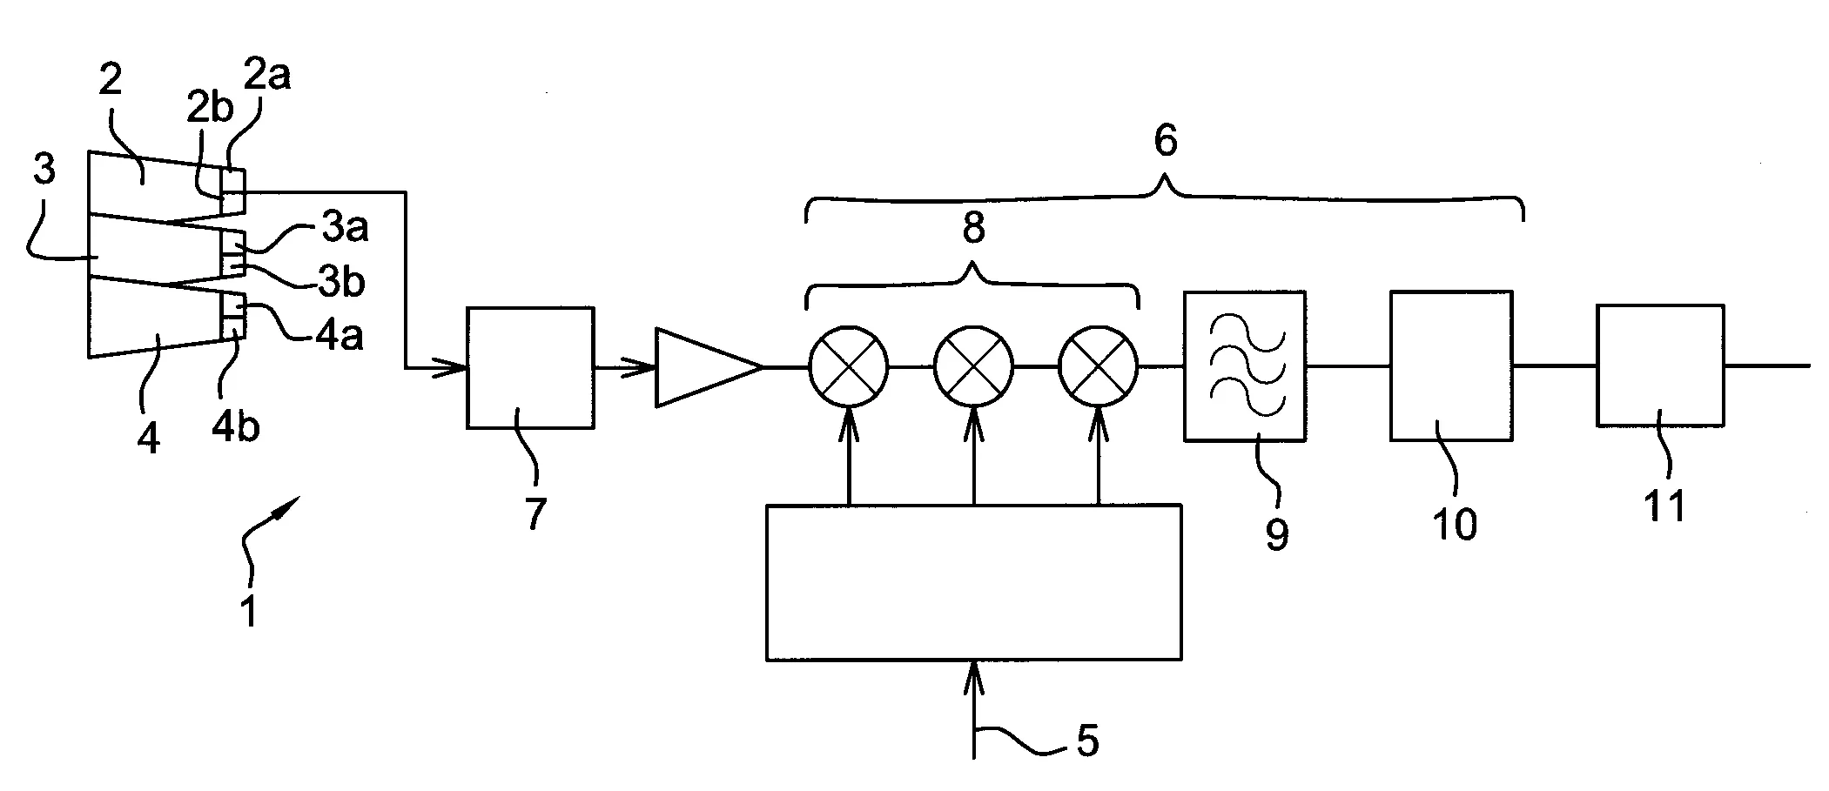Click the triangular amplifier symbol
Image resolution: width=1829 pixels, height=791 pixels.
click(701, 367)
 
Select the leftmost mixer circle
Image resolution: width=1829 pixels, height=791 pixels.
click(849, 367)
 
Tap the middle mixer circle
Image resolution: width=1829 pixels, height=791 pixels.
click(973, 367)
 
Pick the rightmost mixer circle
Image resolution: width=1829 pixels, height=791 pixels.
click(1098, 367)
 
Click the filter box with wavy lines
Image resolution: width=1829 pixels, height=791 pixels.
click(1244, 366)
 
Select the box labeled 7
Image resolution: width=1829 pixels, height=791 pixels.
click(530, 367)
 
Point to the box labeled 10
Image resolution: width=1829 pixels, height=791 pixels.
click(1450, 365)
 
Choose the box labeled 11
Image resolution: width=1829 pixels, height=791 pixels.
click(1659, 365)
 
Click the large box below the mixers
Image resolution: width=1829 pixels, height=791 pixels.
click(973, 581)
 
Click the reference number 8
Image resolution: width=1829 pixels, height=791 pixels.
click(972, 228)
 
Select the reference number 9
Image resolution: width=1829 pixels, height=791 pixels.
click(1276, 533)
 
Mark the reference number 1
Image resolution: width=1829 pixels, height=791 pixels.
click(249, 611)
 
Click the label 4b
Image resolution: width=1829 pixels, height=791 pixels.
click(236, 427)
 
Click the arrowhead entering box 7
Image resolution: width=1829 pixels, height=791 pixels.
click(456, 368)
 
